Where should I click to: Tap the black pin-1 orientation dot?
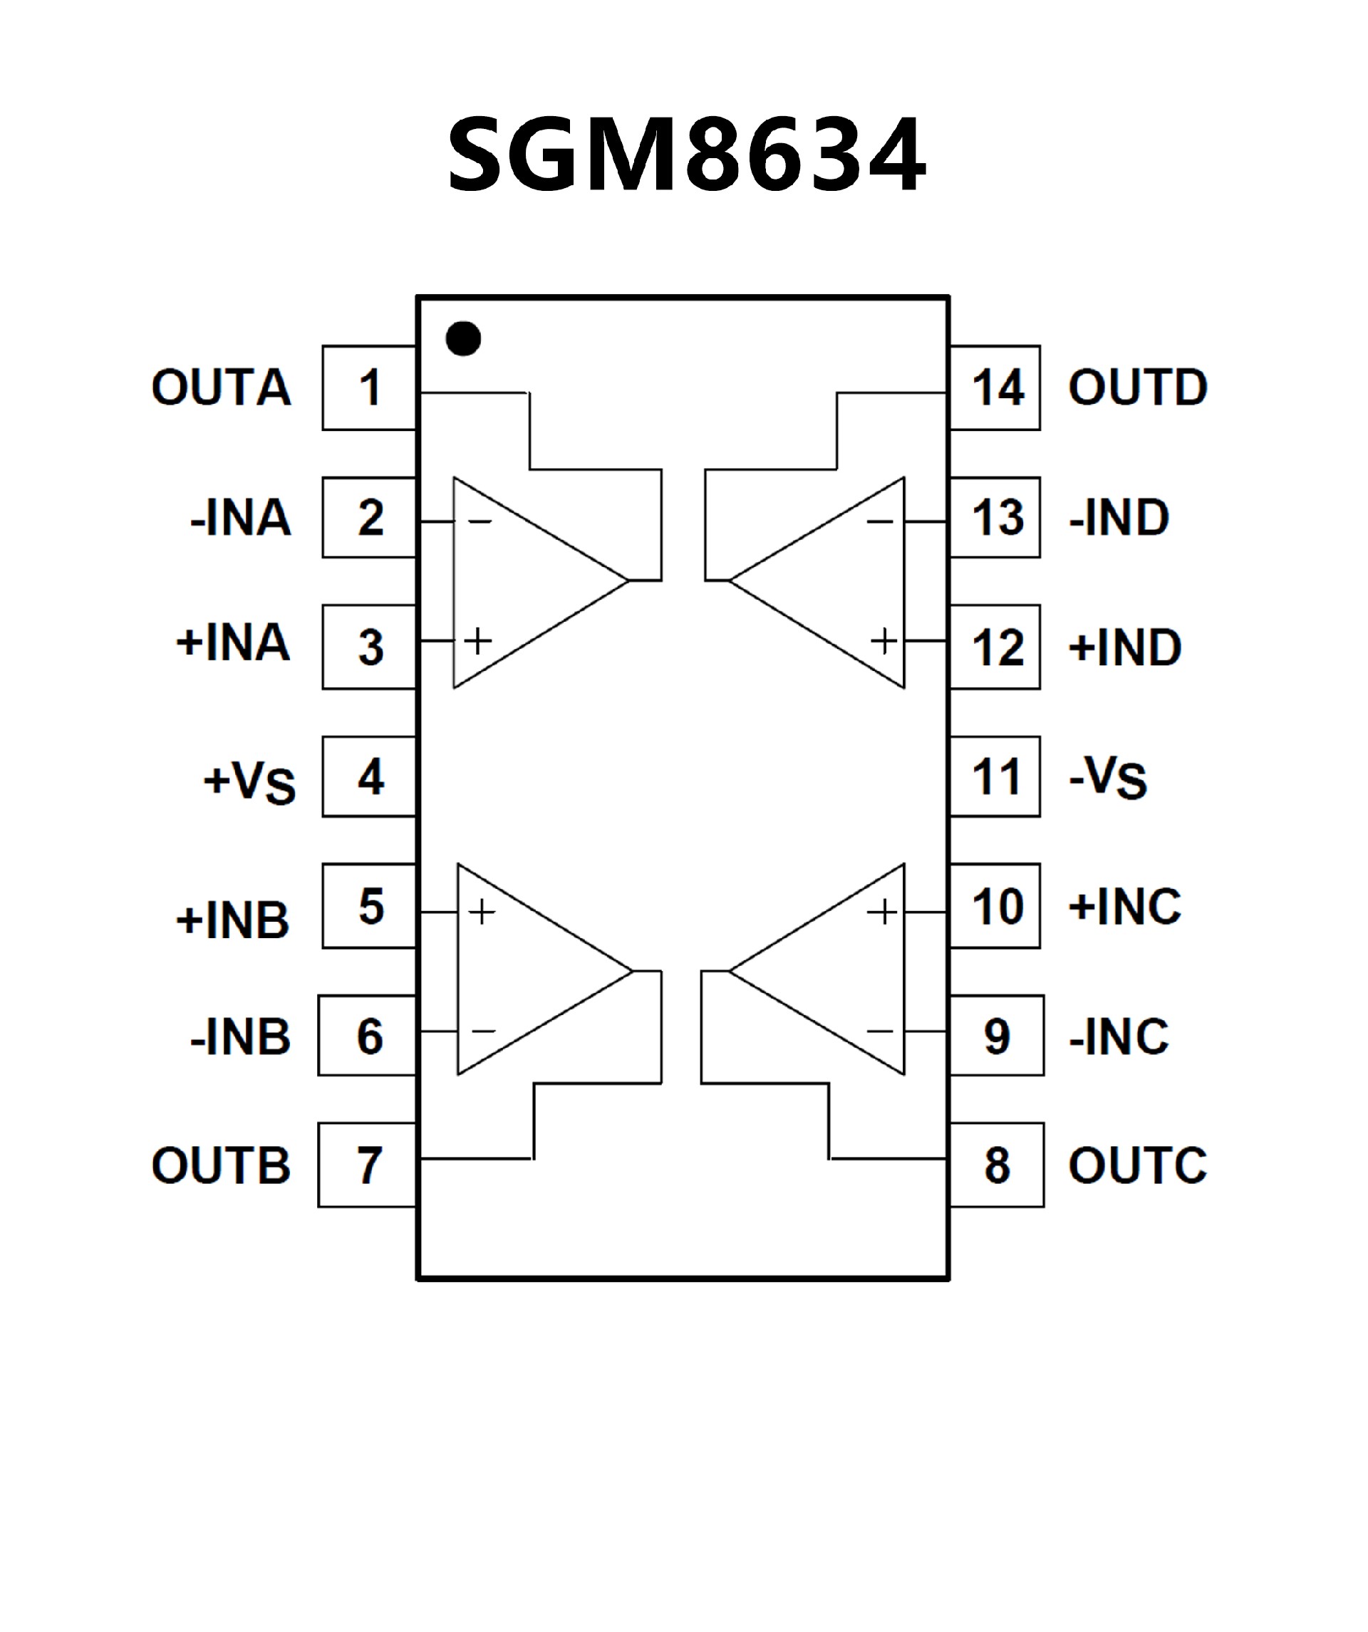463,339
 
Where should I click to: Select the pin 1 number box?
370,388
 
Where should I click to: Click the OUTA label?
222,387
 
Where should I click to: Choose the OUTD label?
1138,387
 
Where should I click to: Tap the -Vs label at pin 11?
1109,777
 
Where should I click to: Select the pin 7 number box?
368,1165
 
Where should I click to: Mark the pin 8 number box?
998,1165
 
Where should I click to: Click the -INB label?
240,1036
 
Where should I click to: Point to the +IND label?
1125,648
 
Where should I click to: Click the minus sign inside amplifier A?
480,521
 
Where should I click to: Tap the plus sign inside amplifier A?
478,641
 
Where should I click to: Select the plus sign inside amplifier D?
883,641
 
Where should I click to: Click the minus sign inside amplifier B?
484,1031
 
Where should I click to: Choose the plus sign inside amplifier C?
881,912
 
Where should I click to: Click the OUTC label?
1138,1165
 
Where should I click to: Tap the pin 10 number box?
997,906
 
